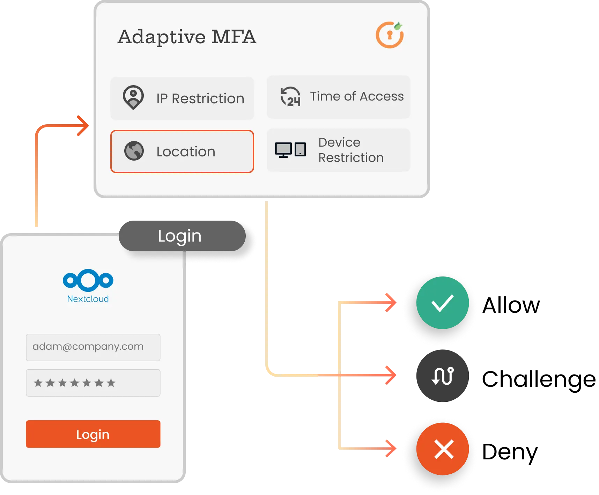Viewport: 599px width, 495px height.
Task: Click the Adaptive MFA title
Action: coord(187,37)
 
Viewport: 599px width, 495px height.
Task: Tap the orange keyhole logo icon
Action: coord(390,35)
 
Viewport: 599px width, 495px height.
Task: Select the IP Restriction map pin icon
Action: coord(133,97)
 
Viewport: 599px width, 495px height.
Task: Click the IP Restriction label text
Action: coord(200,99)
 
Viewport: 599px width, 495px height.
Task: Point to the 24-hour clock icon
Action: coord(290,97)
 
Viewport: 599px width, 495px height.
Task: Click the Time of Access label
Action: coord(357,96)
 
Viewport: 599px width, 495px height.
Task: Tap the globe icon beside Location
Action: coord(134,151)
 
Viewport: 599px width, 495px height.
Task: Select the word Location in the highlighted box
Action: coord(186,152)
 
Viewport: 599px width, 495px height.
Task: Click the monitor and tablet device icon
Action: coord(290,150)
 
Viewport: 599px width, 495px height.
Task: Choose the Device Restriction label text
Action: coord(351,150)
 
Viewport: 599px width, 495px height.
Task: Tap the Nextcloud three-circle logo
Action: coord(88,280)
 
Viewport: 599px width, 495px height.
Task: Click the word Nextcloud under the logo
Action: coord(88,299)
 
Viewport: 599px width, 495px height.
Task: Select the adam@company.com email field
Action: coord(93,347)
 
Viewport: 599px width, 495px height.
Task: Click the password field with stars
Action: coord(93,383)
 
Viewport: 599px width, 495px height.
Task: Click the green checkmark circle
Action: coord(442,303)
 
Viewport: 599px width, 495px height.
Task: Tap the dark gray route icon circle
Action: coord(442,376)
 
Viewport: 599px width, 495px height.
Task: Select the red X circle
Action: coord(443,449)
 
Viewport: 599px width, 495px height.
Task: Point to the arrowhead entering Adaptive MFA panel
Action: coord(83,125)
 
